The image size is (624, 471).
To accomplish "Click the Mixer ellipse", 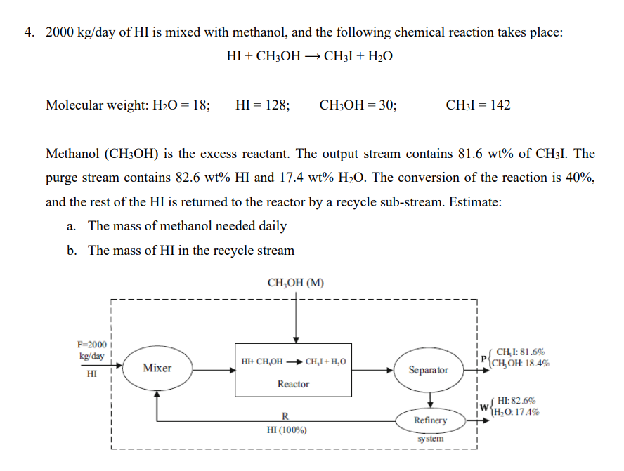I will click(157, 368).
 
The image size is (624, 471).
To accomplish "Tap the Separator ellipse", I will click(429, 369).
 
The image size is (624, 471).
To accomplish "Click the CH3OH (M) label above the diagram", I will click(296, 284).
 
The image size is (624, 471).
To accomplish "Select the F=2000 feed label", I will click(92, 345).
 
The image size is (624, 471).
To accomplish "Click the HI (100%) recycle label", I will click(287, 430).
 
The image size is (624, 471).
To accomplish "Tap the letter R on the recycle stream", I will click(285, 416).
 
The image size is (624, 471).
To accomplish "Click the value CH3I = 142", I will click(478, 105).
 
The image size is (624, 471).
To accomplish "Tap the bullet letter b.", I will click(72, 251).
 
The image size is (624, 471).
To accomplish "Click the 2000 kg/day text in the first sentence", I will click(78, 32).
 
